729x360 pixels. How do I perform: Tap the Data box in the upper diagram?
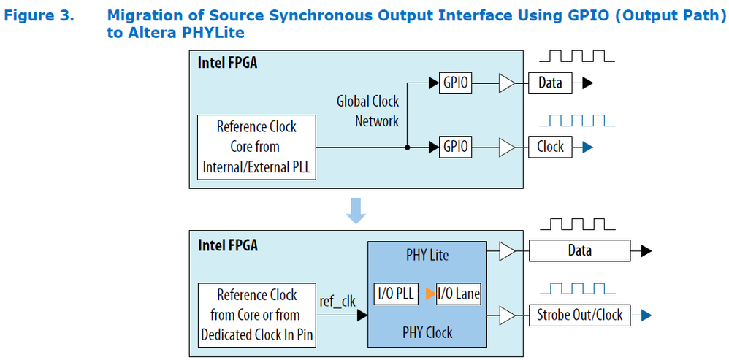550,83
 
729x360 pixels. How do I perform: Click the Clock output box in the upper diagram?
550,146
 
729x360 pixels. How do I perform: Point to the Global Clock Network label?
367,111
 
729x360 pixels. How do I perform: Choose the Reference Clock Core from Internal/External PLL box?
256,147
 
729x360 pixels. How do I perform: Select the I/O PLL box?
395,294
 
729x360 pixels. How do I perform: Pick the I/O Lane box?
458,294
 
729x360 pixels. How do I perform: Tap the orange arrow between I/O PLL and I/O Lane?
427,294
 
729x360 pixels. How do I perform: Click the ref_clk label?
337,301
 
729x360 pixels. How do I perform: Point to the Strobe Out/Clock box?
579,315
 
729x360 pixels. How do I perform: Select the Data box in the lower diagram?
579,251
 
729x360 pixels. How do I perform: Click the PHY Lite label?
427,256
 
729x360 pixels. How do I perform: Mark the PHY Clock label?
427,333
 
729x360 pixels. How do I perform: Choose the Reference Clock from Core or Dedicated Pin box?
256,315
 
